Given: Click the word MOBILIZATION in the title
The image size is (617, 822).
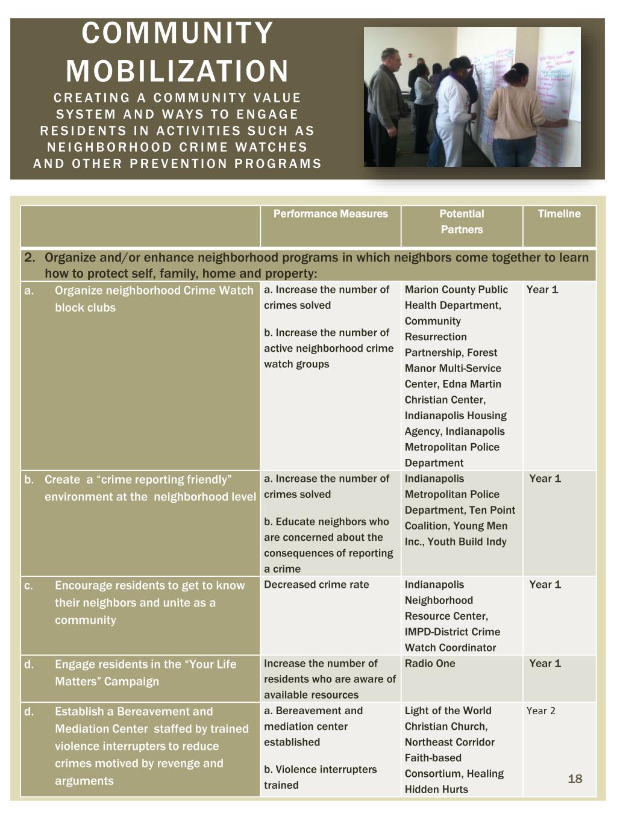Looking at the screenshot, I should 177,71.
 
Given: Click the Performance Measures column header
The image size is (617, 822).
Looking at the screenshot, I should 330,214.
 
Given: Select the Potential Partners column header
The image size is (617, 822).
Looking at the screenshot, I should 462,222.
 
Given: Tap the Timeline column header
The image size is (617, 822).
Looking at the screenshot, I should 559,214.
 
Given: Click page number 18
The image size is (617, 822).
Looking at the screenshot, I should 575,779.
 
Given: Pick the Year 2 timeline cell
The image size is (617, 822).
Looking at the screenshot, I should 540,711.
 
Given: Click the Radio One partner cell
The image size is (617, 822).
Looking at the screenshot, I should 430,663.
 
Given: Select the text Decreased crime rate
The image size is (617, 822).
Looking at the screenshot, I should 316,584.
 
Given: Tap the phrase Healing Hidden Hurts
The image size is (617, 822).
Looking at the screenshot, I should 453,782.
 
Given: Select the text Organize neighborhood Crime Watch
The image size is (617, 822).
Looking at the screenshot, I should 154,290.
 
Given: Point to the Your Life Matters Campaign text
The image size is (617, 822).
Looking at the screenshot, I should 145,673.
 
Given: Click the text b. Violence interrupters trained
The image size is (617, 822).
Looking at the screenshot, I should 320,777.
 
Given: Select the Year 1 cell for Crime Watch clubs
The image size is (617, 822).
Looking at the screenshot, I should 542,290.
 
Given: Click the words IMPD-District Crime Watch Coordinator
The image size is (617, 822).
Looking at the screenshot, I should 452,640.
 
